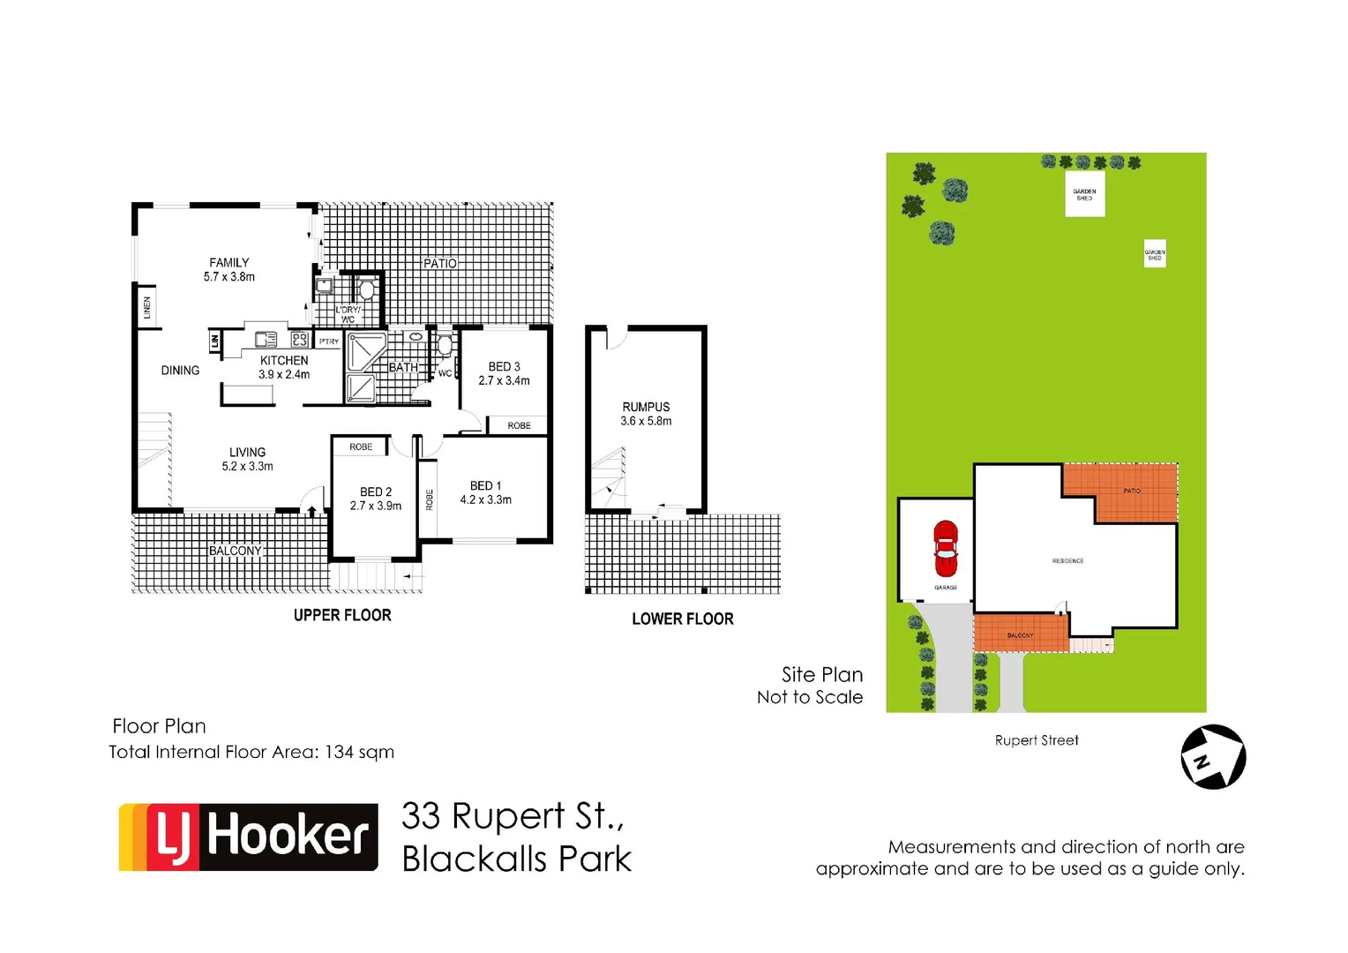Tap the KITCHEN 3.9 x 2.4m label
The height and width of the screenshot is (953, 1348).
tap(284, 367)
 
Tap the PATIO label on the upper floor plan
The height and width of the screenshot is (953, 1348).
tap(440, 263)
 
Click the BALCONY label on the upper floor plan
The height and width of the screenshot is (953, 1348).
tap(236, 551)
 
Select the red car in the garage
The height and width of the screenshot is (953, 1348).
tap(946, 549)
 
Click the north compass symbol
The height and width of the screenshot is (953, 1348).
tap(1213, 757)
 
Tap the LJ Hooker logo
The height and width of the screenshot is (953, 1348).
tap(249, 837)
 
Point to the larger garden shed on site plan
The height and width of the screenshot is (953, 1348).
tap(1084, 194)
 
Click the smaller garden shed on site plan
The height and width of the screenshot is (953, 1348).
tap(1155, 254)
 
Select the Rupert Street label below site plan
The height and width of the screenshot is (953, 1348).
tap(1037, 740)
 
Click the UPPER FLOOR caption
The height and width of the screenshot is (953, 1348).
tap(342, 615)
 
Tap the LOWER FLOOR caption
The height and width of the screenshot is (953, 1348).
tap(683, 619)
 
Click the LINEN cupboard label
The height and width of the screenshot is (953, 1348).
tap(147, 307)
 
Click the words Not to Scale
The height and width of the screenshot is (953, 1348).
tap(810, 697)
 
